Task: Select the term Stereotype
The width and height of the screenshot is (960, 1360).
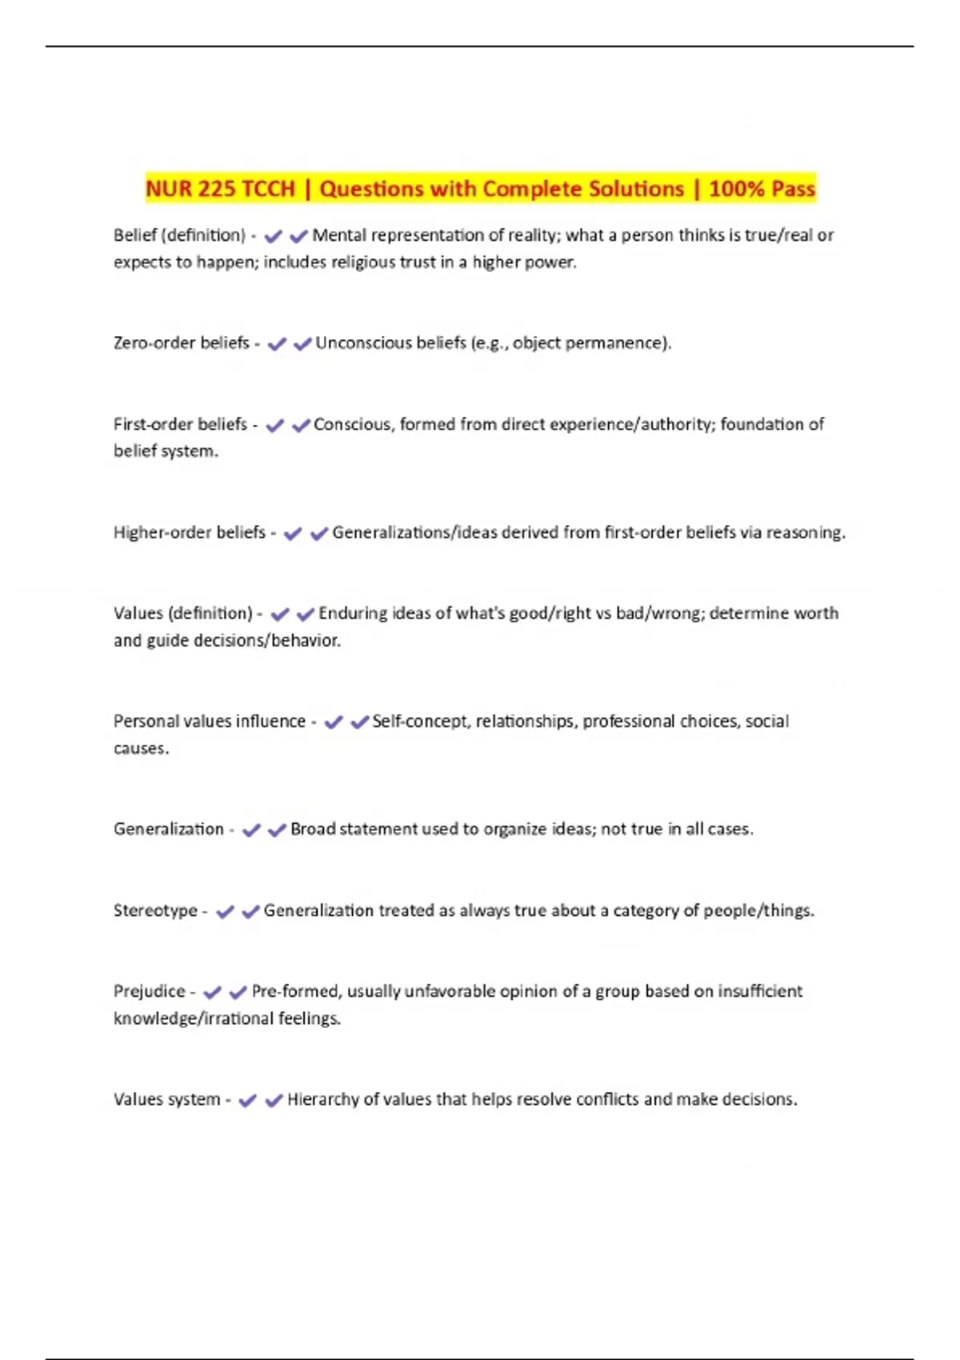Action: click(155, 910)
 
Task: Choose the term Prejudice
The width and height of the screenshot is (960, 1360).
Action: click(150, 991)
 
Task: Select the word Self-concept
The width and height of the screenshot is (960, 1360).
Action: click(422, 722)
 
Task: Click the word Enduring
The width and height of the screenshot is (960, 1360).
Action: click(353, 614)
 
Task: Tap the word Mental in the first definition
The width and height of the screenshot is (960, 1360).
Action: click(339, 235)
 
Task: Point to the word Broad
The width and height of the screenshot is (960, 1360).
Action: click(313, 830)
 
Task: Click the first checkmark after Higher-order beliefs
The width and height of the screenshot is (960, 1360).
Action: click(293, 534)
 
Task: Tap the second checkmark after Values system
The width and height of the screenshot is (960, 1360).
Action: click(274, 1101)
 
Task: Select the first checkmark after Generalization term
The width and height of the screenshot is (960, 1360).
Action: click(251, 830)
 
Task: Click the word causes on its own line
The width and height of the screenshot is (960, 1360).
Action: click(140, 749)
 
